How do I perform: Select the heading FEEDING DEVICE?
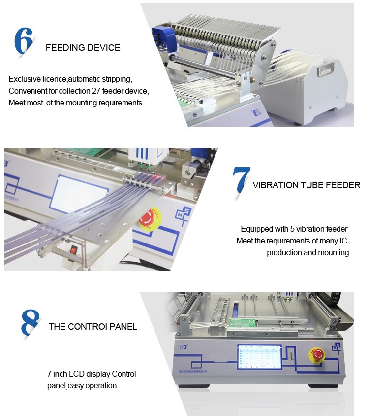[83, 48]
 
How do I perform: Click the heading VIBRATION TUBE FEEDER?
[306, 185]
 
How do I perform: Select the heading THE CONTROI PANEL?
[92, 327]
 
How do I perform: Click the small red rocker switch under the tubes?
[74, 250]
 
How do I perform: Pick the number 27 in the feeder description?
[97, 91]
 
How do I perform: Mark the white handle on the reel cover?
[325, 69]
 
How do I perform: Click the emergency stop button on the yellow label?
[148, 217]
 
